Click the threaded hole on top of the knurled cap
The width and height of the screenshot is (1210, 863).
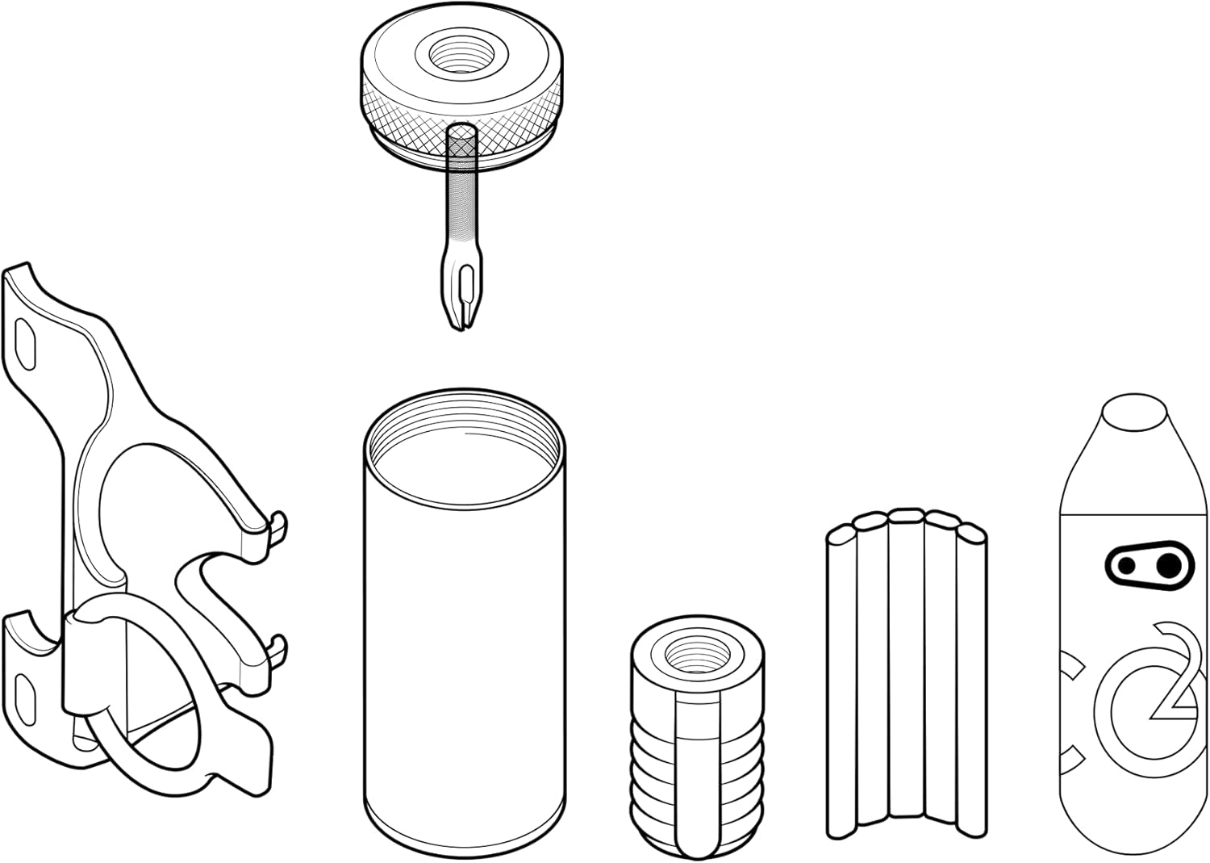pos(461,56)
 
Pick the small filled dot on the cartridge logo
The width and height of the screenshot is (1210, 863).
pos(1126,566)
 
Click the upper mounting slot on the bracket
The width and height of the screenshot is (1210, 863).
pos(26,345)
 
